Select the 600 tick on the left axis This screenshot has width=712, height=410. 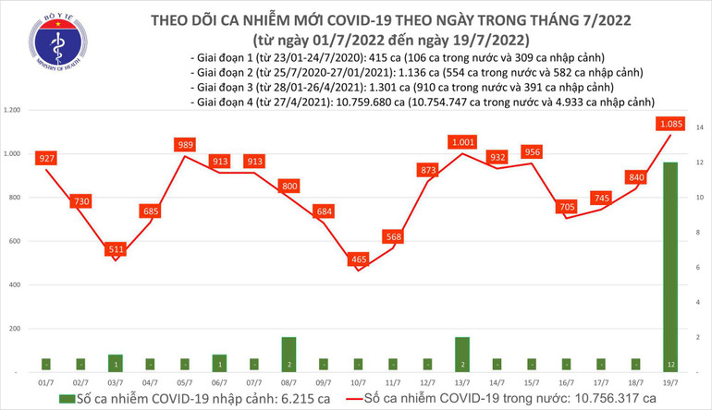17,241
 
